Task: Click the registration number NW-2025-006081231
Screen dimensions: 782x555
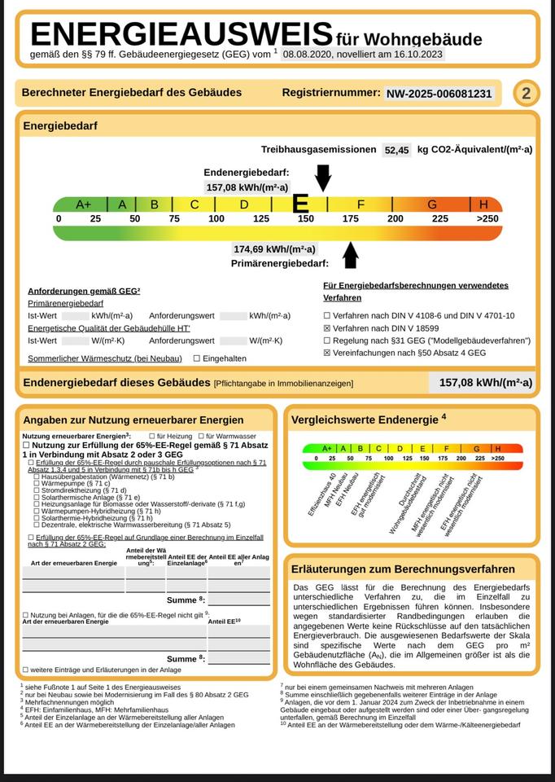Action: tap(439, 94)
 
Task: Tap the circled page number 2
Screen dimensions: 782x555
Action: tap(526, 94)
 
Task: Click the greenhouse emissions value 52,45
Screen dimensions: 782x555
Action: tap(397, 150)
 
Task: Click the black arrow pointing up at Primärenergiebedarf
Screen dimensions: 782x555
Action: tap(351, 254)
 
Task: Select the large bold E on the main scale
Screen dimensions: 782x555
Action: tap(300, 204)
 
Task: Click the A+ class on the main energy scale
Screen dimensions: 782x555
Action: tap(83, 204)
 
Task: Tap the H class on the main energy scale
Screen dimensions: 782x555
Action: tap(484, 204)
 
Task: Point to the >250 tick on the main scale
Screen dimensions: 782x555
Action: tap(487, 218)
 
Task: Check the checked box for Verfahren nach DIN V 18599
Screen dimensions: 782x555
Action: tap(327, 327)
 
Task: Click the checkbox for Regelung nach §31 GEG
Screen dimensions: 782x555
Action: tap(327, 340)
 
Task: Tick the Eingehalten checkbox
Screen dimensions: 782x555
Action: tap(197, 358)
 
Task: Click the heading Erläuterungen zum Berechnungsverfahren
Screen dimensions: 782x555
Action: tap(410, 569)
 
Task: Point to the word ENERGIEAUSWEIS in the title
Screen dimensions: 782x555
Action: tap(181, 35)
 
